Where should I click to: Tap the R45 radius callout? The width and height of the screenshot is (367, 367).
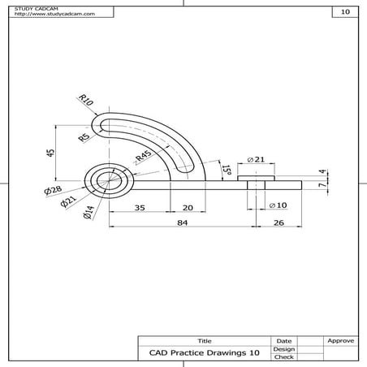pos(144,158)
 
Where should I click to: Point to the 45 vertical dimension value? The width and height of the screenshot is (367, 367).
pos(50,153)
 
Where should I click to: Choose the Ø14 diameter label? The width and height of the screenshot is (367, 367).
pos(88,214)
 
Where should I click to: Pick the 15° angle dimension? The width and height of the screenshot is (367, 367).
pos(228,169)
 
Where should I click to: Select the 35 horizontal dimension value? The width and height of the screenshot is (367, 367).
pos(140,208)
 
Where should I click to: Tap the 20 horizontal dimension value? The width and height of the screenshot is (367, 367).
pos(188,208)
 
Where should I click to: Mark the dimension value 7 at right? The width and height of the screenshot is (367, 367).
pos(322,186)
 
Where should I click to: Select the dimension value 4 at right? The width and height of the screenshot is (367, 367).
pos(322,172)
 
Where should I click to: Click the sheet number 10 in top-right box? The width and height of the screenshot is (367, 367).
pos(345,12)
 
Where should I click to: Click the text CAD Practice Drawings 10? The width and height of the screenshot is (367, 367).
pos(204,352)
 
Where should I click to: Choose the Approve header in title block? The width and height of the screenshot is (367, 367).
pos(339,341)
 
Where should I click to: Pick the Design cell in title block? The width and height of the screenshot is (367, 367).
pos(284,349)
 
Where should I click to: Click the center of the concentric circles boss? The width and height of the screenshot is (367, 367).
pos(106,180)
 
